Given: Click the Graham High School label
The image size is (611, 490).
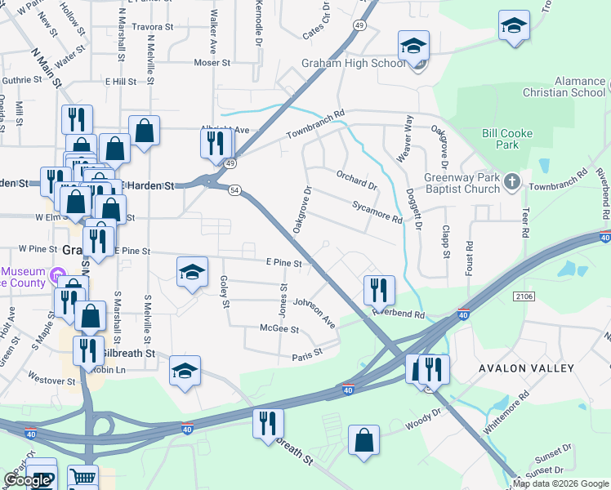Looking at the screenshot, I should click(x=353, y=64).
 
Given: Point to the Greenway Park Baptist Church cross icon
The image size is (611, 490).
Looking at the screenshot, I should click(x=512, y=180).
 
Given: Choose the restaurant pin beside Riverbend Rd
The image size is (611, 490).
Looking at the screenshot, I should click(x=380, y=290).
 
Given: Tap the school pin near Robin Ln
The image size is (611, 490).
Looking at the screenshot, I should click(x=185, y=371).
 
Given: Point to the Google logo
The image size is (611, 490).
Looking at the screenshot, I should click(x=27, y=480).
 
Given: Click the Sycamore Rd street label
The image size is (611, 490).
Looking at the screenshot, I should click(x=377, y=213).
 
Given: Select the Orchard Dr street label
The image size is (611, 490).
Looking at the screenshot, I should click(x=356, y=180).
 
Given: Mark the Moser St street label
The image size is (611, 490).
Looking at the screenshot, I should click(x=213, y=63).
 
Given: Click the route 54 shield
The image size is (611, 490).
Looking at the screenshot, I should click(x=234, y=190).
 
